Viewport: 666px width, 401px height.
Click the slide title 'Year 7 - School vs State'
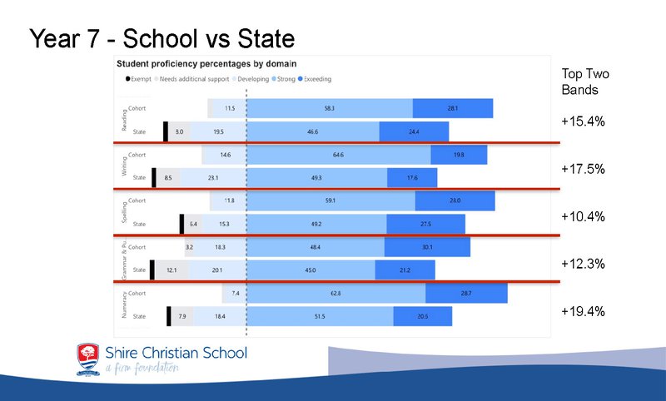click(162, 38)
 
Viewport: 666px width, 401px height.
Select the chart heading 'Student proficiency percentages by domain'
click(207, 63)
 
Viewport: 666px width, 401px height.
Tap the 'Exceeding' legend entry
click(315, 79)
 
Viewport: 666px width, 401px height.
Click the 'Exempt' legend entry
click(137, 79)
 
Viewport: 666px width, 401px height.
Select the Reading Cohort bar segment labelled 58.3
click(330, 108)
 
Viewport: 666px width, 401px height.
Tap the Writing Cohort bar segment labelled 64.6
click(339, 155)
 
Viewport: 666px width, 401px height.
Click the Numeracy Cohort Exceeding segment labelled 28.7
click(466, 294)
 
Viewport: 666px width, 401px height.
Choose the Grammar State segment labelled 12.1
click(171, 270)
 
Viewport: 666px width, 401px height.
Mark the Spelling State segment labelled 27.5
click(425, 224)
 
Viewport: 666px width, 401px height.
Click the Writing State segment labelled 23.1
click(213, 177)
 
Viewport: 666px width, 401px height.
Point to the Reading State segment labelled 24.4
click(414, 131)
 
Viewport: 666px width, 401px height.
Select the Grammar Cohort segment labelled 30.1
click(427, 247)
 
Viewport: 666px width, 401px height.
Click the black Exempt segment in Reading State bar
click(166, 131)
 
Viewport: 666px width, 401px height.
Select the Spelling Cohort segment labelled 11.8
click(229, 200)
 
